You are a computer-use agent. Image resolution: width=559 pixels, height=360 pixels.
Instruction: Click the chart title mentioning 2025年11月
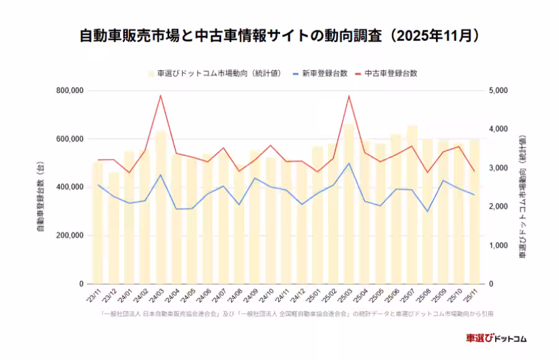pyautogui.click(x=279, y=35)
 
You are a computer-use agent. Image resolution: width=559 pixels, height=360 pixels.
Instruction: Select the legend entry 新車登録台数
pyautogui.click(x=324, y=73)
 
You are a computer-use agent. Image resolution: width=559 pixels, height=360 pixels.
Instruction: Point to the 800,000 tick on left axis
pyautogui.click(x=70, y=91)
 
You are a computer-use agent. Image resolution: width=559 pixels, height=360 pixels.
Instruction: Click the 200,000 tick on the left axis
pyautogui.click(x=70, y=236)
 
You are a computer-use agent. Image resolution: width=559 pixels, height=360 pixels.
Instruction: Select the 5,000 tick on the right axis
pyautogui.click(x=499, y=91)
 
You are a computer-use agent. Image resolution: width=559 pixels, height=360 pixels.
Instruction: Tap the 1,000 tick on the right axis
pyautogui.click(x=499, y=246)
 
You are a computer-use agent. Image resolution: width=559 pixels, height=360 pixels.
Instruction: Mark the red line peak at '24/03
pyautogui.click(x=161, y=96)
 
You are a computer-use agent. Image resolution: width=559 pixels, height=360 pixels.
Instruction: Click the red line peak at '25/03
pyautogui.click(x=349, y=96)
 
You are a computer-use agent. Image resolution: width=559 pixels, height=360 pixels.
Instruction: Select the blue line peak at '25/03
pyautogui.click(x=349, y=163)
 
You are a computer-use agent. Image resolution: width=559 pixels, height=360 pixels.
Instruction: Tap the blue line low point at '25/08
pyautogui.click(x=427, y=211)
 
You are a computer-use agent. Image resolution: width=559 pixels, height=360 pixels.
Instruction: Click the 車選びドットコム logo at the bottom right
pyautogui.click(x=496, y=338)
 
